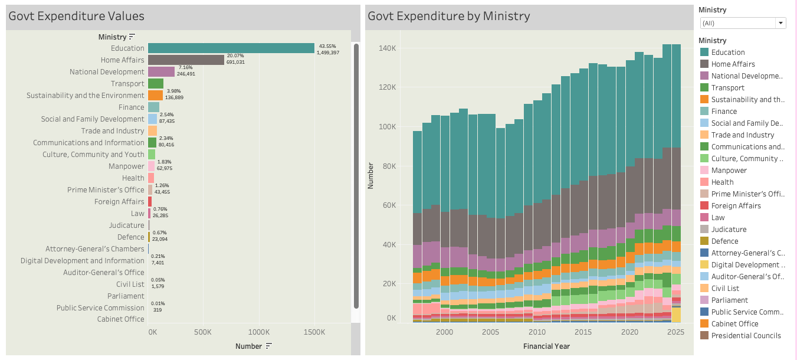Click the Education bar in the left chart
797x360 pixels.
tap(231, 48)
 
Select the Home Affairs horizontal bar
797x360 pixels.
tap(186, 60)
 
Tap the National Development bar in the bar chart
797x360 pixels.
tap(161, 72)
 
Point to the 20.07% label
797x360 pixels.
tap(235, 55)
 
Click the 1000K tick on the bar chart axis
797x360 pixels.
tap(258, 332)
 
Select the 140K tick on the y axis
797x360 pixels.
tap(388, 48)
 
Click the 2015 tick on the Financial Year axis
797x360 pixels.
tap(583, 332)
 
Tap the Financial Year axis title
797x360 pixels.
tap(546, 346)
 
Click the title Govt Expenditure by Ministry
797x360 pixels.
tap(448, 16)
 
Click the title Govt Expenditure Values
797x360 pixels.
tap(76, 16)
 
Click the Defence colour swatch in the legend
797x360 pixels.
tap(704, 241)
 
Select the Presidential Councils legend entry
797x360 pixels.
tap(746, 335)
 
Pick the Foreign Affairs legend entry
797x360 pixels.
tap(736, 205)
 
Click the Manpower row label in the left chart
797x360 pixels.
tap(126, 166)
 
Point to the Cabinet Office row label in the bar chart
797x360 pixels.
tap(120, 319)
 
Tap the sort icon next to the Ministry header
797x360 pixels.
tap(132, 37)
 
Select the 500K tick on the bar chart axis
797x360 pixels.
tap(203, 332)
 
